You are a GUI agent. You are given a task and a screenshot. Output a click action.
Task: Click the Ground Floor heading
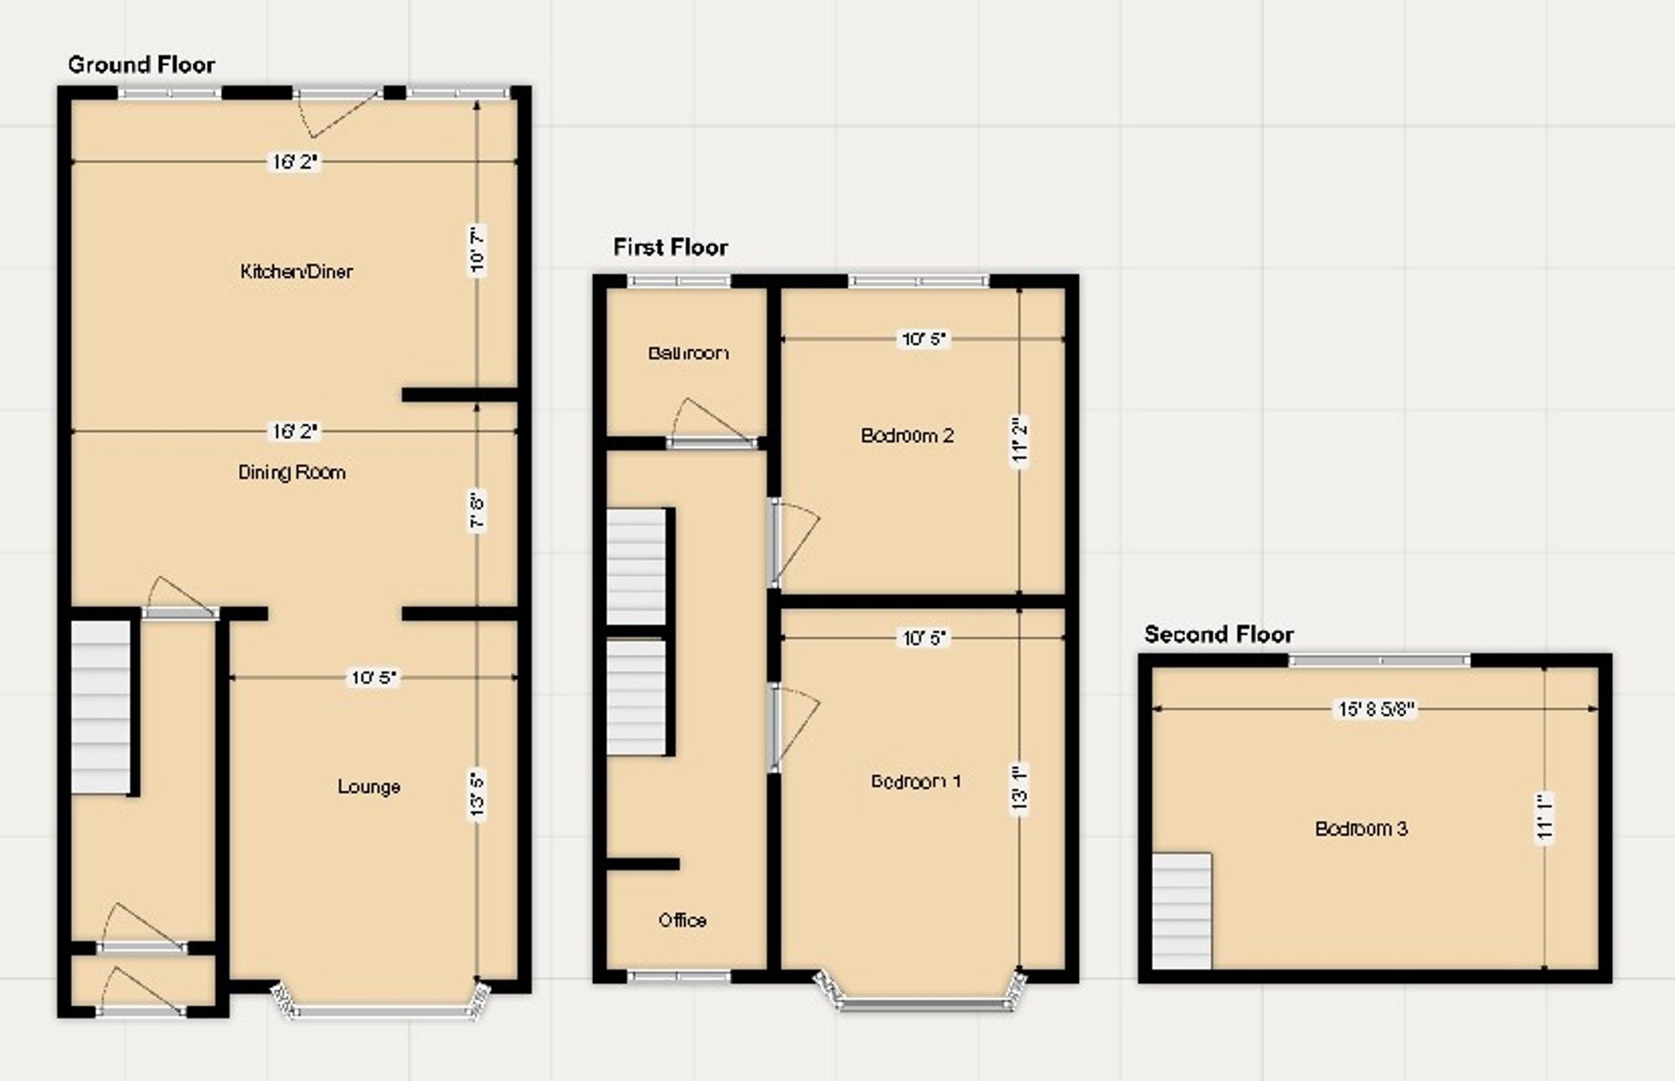click(141, 64)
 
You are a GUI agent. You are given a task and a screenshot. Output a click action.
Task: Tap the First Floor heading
click(670, 247)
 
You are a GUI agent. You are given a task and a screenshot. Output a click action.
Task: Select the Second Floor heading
click(1219, 635)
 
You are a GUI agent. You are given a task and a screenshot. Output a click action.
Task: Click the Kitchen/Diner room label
click(296, 271)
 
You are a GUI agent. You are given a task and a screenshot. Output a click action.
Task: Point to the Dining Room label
click(291, 472)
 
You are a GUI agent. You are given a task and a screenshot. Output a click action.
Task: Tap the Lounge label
click(368, 786)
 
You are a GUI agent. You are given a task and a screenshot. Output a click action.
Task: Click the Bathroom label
click(688, 353)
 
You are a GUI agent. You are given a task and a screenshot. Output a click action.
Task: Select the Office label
click(682, 920)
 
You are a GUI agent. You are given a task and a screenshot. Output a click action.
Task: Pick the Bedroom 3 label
click(1361, 829)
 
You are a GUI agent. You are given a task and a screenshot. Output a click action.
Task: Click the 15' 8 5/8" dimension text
click(1376, 709)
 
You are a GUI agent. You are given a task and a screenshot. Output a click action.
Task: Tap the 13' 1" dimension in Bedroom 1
click(1019, 788)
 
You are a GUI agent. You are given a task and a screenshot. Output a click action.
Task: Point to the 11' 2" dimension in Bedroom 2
click(1019, 440)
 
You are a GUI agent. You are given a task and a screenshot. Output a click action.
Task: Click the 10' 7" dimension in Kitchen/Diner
click(477, 250)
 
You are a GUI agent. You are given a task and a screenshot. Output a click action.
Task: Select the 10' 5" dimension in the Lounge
click(374, 677)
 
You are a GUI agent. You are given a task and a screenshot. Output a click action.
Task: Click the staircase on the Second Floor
click(1182, 911)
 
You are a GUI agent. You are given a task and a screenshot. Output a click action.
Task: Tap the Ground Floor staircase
click(100, 706)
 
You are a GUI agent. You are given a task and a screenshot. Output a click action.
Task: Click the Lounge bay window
click(381, 1012)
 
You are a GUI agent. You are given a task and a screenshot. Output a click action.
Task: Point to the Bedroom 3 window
click(1379, 661)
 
